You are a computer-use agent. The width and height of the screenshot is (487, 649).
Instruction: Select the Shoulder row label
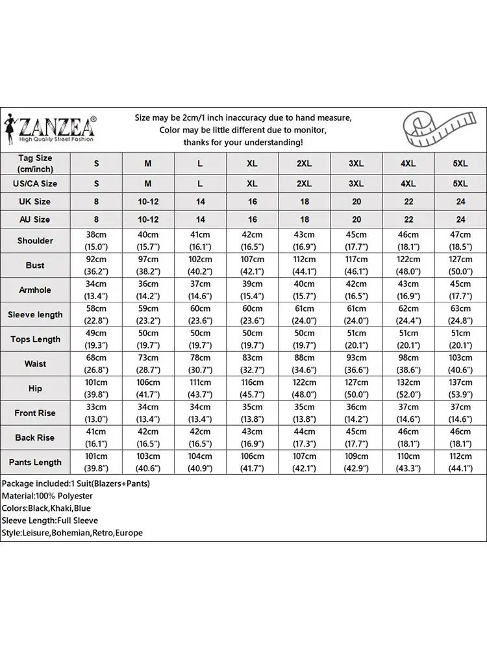[x=35, y=241]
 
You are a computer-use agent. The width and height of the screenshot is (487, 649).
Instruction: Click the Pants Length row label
[x=35, y=463]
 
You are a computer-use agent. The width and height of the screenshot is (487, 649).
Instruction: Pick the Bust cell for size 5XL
[x=460, y=265]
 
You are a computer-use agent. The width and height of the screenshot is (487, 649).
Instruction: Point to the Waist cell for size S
[x=96, y=364]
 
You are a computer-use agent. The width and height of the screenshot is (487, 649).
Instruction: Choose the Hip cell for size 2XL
[x=305, y=389]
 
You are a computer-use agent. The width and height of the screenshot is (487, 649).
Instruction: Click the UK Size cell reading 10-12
[x=148, y=202]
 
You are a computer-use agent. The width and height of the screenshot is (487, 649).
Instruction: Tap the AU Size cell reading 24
[x=460, y=220]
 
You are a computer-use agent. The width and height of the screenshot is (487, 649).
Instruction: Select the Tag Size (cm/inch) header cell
[x=35, y=164]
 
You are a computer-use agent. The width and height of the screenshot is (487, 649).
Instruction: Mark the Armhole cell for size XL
[x=252, y=290]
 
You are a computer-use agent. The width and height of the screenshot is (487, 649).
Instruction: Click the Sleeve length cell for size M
[x=148, y=315]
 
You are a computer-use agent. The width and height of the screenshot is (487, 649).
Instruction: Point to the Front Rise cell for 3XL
[x=356, y=413]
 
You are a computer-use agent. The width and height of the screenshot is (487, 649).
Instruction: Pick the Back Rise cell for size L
[x=200, y=438]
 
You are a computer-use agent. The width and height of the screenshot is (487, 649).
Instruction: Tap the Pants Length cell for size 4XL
[x=408, y=463]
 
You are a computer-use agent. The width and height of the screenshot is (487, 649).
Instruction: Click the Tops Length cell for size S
[x=96, y=339]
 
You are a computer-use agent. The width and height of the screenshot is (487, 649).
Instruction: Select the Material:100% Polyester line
[x=47, y=496]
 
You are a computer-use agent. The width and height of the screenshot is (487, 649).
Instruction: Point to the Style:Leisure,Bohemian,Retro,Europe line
[x=72, y=533]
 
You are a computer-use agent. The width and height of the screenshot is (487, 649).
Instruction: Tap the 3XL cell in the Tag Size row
[x=356, y=164]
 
